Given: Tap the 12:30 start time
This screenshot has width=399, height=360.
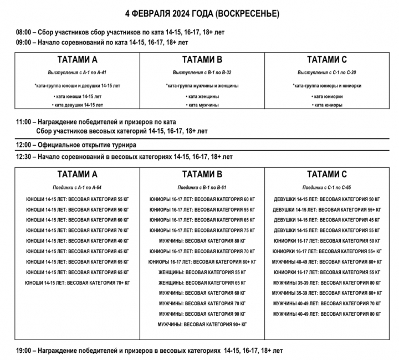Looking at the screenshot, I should pyautogui.click(x=24, y=157).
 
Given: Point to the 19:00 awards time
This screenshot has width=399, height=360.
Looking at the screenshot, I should pyautogui.click(x=24, y=351).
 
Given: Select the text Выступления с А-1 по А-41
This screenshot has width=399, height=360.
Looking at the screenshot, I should pyautogui.click(x=77, y=73).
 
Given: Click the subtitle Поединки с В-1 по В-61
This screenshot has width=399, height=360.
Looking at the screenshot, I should pyautogui.click(x=202, y=188).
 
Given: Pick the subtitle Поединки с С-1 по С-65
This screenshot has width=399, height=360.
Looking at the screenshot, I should pyautogui.click(x=327, y=188).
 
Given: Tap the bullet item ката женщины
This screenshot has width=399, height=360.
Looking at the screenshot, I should pyautogui.click(x=202, y=96).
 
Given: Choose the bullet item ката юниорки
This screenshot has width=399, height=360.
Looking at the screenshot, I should pyautogui.click(x=328, y=96).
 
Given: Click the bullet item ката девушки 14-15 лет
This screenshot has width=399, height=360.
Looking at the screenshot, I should pyautogui.click(x=77, y=105).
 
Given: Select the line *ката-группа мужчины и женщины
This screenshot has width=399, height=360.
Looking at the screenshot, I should pyautogui.click(x=202, y=86).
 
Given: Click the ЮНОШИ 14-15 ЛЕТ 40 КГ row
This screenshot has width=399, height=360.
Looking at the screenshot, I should pyautogui.click(x=77, y=241).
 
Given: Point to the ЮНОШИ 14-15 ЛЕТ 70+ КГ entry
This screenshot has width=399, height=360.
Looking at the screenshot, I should pyautogui.click(x=77, y=282).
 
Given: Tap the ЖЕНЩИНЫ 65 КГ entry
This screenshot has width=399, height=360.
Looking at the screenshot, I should pyautogui.click(x=202, y=282).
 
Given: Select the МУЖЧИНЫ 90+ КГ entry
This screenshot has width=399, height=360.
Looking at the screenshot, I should pyautogui.click(x=202, y=324).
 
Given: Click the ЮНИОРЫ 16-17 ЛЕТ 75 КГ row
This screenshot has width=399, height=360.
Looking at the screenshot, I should pyautogui.click(x=202, y=230).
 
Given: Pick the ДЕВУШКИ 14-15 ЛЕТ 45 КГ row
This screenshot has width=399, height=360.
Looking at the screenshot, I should pyautogui.click(x=327, y=220).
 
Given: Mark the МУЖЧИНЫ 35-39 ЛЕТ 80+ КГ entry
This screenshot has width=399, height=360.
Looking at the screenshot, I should pyautogui.click(x=327, y=293).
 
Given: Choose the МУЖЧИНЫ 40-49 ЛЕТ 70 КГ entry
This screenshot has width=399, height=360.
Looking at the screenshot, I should pyautogui.click(x=327, y=304).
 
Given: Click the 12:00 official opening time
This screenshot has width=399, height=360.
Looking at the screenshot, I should pyautogui.click(x=24, y=145).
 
